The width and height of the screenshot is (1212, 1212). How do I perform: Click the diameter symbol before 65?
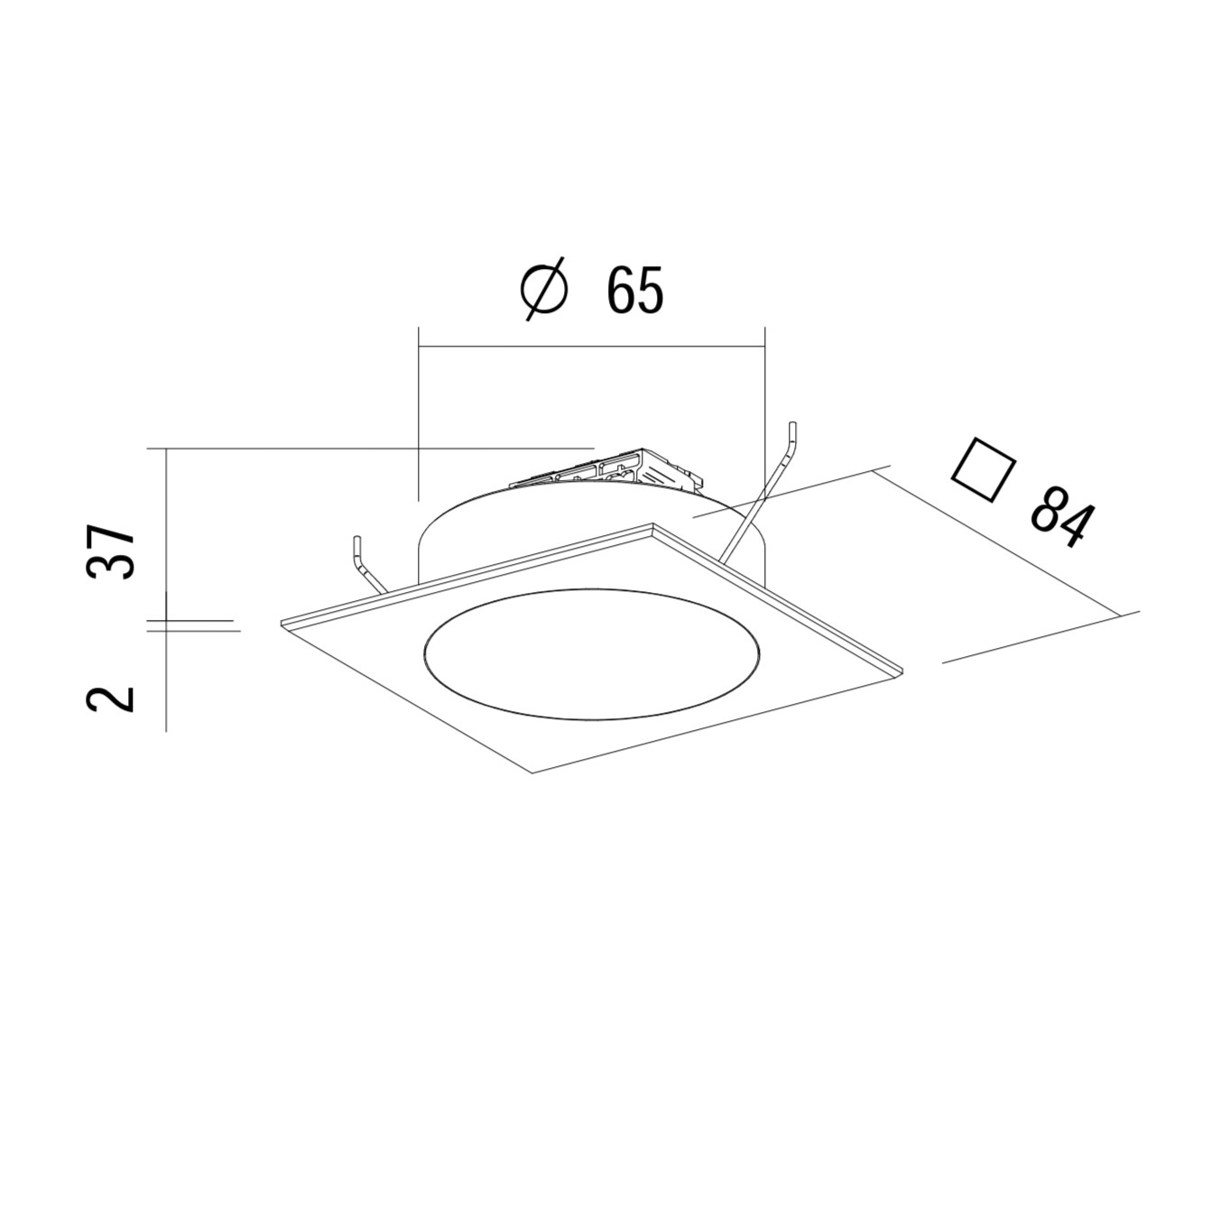(545, 290)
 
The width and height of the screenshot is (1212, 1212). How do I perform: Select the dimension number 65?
(635, 290)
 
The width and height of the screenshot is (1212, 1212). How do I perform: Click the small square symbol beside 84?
(985, 468)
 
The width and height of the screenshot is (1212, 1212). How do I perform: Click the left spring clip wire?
(368, 564)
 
